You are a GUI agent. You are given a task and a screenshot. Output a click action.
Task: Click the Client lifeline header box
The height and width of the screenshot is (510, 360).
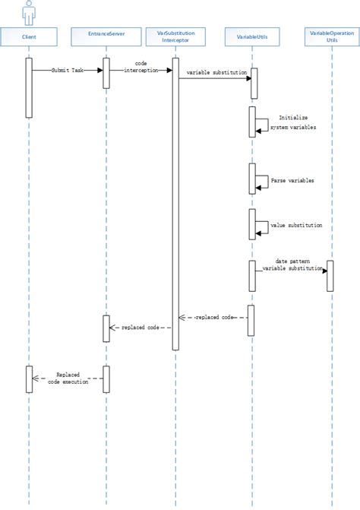click(30, 36)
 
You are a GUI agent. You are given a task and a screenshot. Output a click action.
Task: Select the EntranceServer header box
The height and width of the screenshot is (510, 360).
click(106, 36)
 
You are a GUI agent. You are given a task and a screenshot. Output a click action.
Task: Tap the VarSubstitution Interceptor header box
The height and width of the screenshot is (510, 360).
click(175, 36)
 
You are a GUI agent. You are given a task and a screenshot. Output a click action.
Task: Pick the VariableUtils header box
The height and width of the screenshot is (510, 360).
click(252, 36)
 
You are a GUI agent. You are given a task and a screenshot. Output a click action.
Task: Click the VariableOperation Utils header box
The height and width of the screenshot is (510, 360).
click(330, 36)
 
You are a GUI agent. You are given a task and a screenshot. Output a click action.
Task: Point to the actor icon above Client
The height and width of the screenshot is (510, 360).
click(30, 12)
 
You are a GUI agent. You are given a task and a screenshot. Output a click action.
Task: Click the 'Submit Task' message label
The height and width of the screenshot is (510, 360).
click(66, 70)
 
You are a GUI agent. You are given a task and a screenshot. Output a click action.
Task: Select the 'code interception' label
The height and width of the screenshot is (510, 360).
click(141, 66)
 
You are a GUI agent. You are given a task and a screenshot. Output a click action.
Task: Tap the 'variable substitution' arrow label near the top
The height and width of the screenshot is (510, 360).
click(214, 72)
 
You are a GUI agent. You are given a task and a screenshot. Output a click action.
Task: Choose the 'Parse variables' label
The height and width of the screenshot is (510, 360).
click(292, 181)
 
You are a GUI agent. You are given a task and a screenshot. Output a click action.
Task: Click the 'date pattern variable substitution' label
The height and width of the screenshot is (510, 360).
click(292, 264)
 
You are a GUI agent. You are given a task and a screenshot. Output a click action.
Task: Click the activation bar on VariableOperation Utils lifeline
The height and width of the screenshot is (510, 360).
click(330, 275)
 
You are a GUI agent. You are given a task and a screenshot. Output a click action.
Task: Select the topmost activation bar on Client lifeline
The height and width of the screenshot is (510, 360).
click(30, 87)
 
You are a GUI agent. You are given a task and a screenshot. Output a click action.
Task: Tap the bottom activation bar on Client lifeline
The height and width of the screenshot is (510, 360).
click(30, 379)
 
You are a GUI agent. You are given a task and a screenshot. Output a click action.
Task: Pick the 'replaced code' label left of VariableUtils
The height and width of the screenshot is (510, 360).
click(216, 316)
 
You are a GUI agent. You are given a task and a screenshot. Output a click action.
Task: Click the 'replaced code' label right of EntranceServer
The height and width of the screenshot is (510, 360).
click(141, 328)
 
